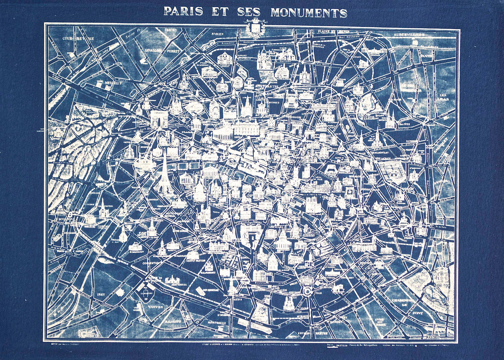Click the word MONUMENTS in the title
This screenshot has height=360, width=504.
309,12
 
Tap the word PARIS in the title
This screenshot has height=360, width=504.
183,11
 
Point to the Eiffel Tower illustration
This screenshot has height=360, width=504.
164,174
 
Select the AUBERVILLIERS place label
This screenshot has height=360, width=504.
414,35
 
